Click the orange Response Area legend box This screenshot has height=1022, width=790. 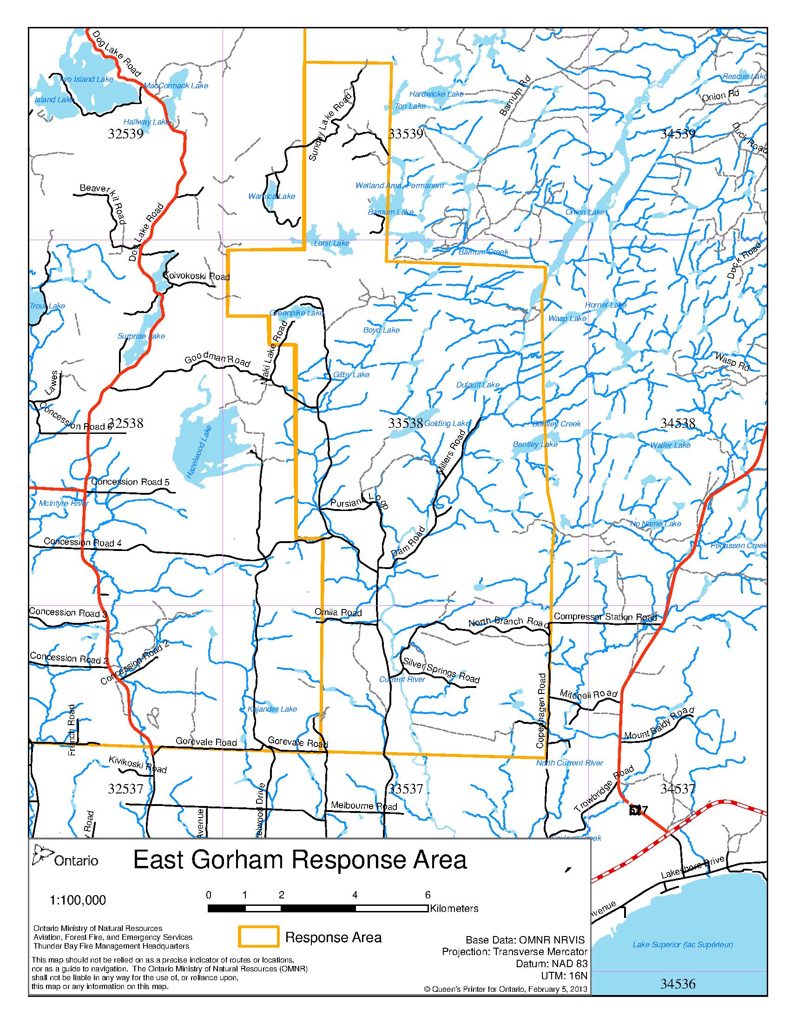(258, 937)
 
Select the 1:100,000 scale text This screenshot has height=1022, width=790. (78, 900)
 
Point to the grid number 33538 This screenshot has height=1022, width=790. (405, 423)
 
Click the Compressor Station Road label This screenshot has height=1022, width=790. (605, 617)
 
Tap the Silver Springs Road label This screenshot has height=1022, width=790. (441, 669)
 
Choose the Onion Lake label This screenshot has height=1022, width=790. (586, 212)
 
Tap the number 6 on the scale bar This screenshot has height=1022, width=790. (427, 895)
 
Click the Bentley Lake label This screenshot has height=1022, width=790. (535, 444)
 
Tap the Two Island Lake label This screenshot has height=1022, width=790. (86, 79)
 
